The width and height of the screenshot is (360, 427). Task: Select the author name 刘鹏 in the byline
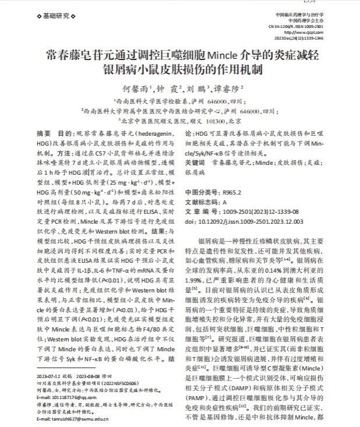click(195, 89)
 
